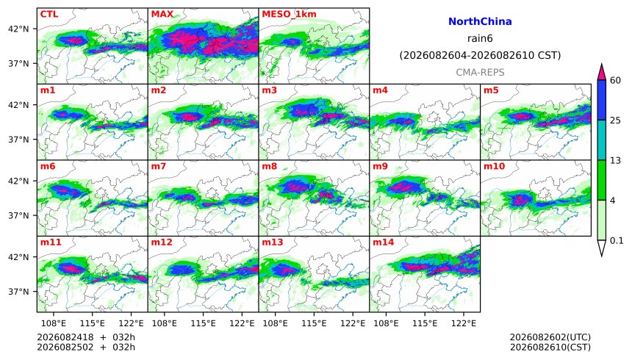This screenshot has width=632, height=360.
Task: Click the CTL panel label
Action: tap(49, 14)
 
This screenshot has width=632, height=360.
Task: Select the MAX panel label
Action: tap(162, 14)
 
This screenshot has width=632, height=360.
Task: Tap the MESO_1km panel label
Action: tap(289, 15)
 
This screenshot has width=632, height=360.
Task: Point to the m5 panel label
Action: tap(491, 90)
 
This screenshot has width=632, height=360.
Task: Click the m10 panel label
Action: tap(494, 166)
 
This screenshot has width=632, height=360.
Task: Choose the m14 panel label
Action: tap(383, 242)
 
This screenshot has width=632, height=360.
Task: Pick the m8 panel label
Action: tap(269, 166)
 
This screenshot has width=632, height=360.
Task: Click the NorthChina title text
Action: tap(480, 21)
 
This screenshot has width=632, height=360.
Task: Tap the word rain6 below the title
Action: tap(480, 38)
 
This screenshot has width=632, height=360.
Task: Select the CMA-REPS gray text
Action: tap(480, 72)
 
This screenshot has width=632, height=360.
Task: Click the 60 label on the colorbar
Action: tap(615, 80)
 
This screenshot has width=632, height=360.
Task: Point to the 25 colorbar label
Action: tap(615, 120)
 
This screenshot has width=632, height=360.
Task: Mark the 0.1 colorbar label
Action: tap(617, 241)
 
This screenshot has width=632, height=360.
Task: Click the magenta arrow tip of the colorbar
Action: tap(602, 64)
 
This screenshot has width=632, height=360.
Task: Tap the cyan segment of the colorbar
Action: tap(602, 140)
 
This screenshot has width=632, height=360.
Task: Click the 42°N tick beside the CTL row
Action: tap(18, 29)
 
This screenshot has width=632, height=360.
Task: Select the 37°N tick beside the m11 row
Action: tap(18, 292)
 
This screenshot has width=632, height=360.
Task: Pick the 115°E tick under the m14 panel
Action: tap(425, 323)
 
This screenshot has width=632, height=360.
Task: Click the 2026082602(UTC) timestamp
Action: tap(550, 337)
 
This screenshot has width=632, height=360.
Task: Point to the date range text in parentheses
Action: tap(480, 55)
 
